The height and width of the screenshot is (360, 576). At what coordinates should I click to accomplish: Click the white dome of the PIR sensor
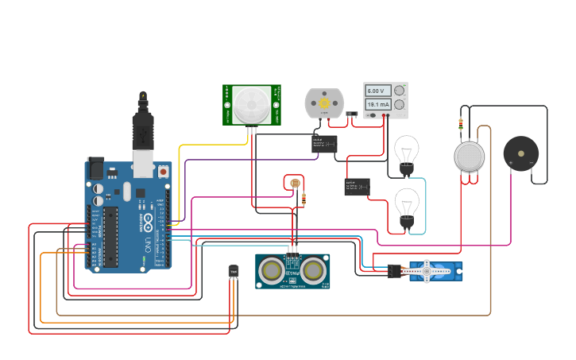pos(253,104)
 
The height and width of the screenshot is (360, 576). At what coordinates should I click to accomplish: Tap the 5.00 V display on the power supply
pos(378,91)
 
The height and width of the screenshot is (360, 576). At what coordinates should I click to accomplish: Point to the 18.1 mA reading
pos(378,104)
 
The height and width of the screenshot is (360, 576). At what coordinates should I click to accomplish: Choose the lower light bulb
pos(407,205)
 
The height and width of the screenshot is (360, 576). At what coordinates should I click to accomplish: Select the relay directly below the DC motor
pos(324,144)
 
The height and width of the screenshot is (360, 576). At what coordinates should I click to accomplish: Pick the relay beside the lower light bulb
pos(357,187)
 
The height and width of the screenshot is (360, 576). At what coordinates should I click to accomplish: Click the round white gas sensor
pos(469,157)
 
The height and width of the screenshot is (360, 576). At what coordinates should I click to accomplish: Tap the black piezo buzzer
pos(520,153)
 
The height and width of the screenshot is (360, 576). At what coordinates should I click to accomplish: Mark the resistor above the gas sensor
pos(462,123)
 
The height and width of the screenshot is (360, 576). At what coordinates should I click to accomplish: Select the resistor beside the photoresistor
pos(304,199)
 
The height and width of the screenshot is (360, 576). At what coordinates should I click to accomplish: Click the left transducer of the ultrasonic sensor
pos(272,271)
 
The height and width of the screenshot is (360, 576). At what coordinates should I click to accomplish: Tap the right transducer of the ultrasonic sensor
pos(314,271)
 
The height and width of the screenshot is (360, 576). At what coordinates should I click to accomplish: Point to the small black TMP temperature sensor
pos(234,272)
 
